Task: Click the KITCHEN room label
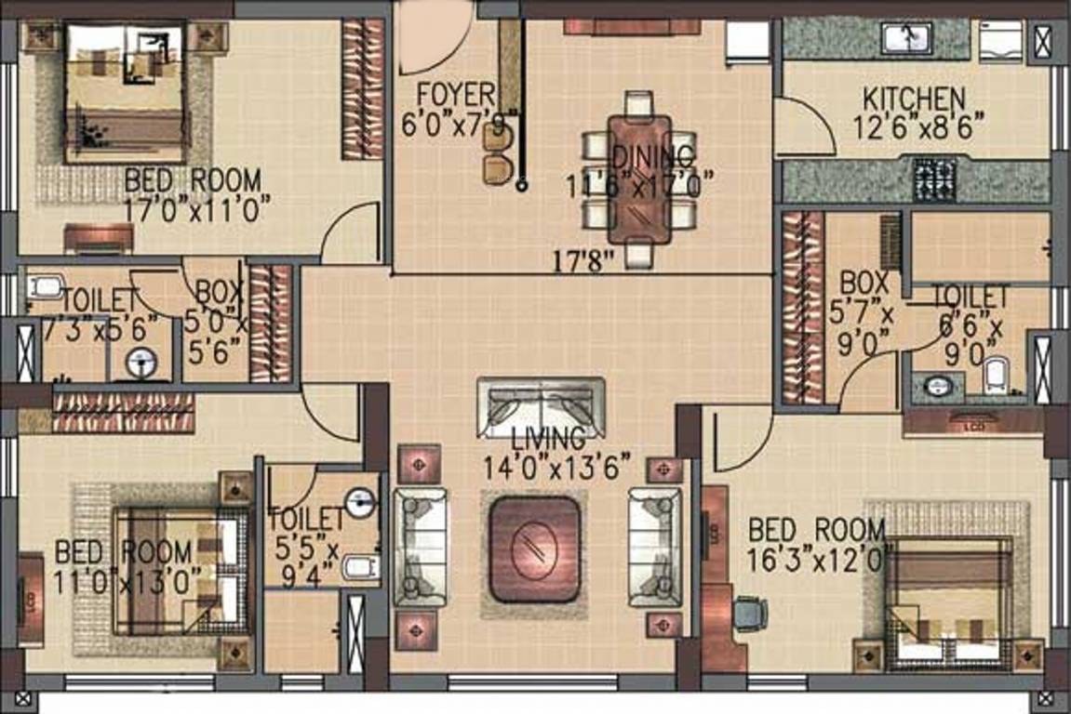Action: pyautogui.click(x=913, y=98)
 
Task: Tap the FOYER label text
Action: pyautogui.click(x=455, y=94)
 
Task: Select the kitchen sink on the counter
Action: pyautogui.click(x=907, y=39)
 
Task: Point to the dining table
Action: pyautogui.click(x=639, y=177)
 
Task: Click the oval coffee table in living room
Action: pyautogui.click(x=534, y=549)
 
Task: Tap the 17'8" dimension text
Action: pyautogui.click(x=584, y=261)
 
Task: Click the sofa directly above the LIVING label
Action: pyautogui.click(x=541, y=407)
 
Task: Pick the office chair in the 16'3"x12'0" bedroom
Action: pyautogui.click(x=750, y=614)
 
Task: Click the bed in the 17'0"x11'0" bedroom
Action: pyautogui.click(x=127, y=93)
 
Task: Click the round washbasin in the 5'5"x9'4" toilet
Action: pyautogui.click(x=359, y=503)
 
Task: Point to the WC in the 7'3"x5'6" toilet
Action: pyautogui.click(x=44, y=286)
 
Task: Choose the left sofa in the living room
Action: pyautogui.click(x=420, y=547)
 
